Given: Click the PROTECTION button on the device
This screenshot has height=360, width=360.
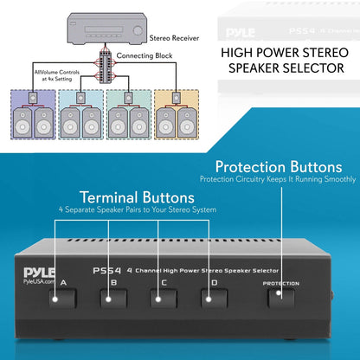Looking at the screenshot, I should click(280, 297).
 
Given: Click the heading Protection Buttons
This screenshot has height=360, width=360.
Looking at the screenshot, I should click(273, 166).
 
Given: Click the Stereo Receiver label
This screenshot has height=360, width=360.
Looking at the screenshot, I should click(173, 38).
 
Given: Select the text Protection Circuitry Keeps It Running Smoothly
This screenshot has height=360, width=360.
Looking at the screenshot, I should click(278, 179).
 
